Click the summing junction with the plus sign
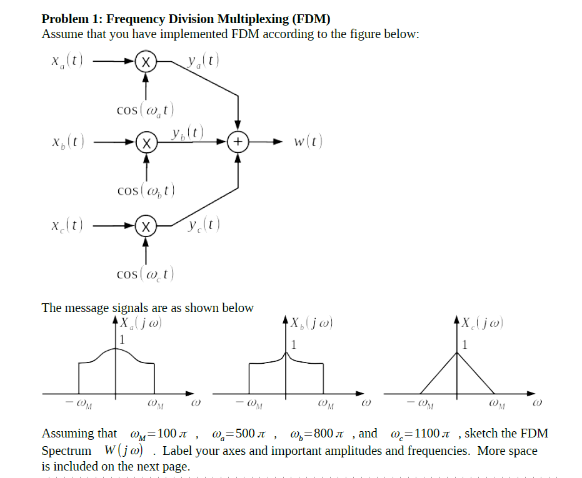(x=238, y=142)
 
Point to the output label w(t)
(x=308, y=142)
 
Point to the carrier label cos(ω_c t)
(x=145, y=273)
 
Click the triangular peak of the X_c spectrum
(x=458, y=353)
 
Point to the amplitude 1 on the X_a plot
(x=123, y=340)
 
